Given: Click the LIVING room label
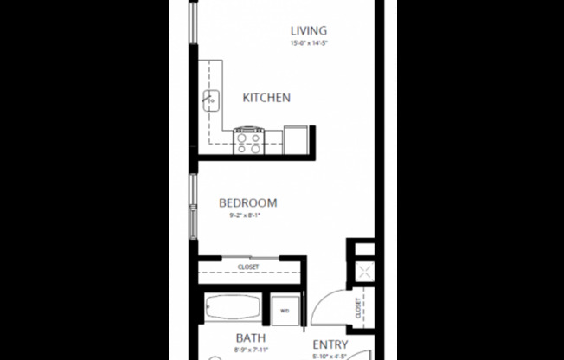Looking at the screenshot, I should pos(308,30).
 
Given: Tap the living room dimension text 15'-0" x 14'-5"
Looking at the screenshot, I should pos(308,42).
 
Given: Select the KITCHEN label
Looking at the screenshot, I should pos(266,98).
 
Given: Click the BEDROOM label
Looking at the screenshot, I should pos(247,203).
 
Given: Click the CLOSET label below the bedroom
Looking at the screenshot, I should pos(248,267).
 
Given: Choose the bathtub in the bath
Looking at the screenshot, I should pos(234,309).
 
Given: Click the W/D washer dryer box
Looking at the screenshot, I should pos(285,309).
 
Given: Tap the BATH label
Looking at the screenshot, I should pos(250,338).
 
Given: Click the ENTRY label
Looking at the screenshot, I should pos(330,343).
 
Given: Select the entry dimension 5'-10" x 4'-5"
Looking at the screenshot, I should pos(330,355).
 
